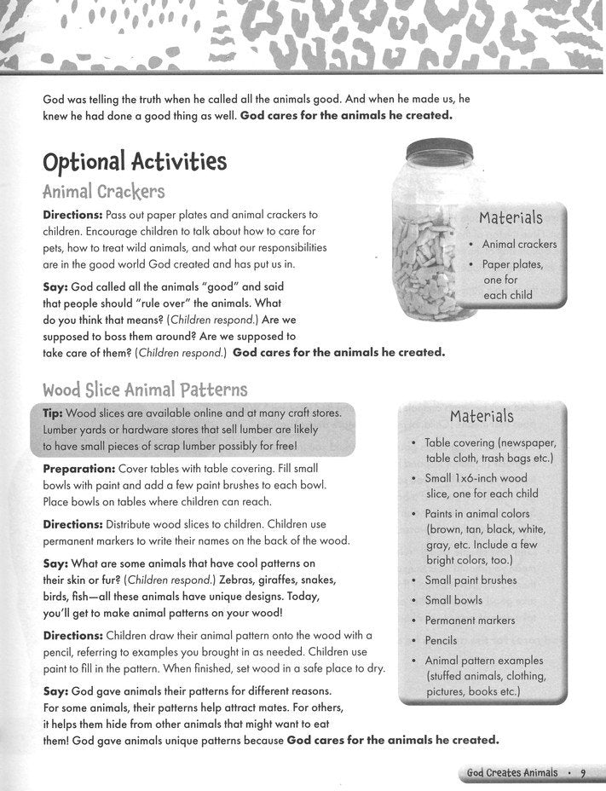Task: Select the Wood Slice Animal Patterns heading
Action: (145, 390)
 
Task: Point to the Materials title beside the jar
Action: (511, 218)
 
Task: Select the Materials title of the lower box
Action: (481, 416)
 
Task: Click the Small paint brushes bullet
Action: (470, 580)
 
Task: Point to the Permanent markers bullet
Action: (470, 620)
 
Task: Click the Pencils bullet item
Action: (441, 640)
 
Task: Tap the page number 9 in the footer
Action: (583, 773)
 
